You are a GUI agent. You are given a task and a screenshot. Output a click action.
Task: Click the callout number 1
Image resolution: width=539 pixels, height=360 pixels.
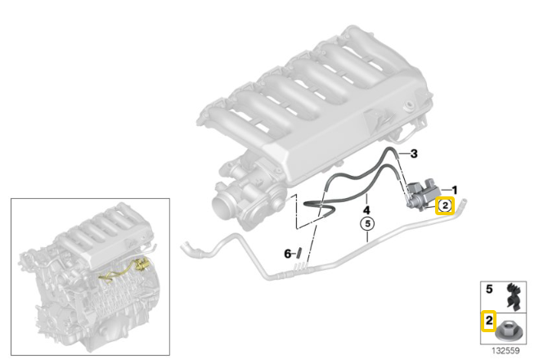tap(455, 190)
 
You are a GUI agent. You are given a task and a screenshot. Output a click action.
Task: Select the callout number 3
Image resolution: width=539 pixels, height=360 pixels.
tap(414, 154)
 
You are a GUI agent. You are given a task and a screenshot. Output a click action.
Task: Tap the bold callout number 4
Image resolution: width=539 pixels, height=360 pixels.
tap(366, 209)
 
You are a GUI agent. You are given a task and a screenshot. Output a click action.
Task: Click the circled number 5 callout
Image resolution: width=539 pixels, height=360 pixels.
tap(367, 224)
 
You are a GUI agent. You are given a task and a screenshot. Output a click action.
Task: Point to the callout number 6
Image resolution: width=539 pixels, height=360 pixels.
tap(287, 254)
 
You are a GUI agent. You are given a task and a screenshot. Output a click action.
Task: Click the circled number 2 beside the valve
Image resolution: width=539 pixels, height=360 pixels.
tap(445, 205)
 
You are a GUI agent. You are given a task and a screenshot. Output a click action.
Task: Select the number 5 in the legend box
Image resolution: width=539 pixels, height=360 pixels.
tap(489, 290)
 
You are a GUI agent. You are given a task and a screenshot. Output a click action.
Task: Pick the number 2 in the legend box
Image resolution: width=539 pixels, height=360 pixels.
tap(489, 321)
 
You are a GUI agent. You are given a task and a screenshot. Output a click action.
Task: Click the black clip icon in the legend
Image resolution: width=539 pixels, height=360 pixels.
tap(514, 296)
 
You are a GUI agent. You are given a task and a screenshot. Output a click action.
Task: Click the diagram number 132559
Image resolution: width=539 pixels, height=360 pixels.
tap(505, 351)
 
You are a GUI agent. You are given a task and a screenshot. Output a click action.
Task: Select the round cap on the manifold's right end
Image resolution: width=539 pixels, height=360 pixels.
tap(408, 105)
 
